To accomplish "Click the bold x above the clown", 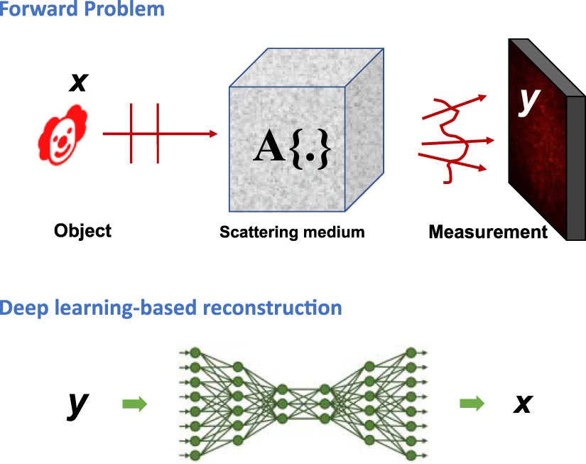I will pyautogui.click(x=78, y=82).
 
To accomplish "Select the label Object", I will pyautogui.click(x=82, y=231).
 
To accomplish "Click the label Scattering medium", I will pyautogui.click(x=292, y=232).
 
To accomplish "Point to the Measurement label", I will pyautogui.click(x=488, y=232).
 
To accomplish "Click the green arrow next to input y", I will pyautogui.click(x=135, y=404).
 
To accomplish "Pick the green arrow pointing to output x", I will pyautogui.click(x=472, y=404).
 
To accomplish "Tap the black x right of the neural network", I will pyautogui.click(x=523, y=404).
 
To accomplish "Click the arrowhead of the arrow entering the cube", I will pyautogui.click(x=212, y=133).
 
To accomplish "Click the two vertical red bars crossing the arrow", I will pyautogui.click(x=144, y=133).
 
